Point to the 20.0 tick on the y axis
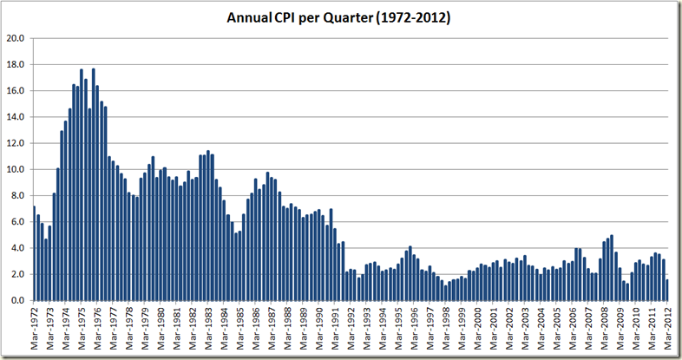[16, 38]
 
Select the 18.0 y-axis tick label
[16, 64]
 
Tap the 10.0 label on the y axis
[16, 169]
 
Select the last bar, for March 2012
[666, 290]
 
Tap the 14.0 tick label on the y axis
[16, 117]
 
